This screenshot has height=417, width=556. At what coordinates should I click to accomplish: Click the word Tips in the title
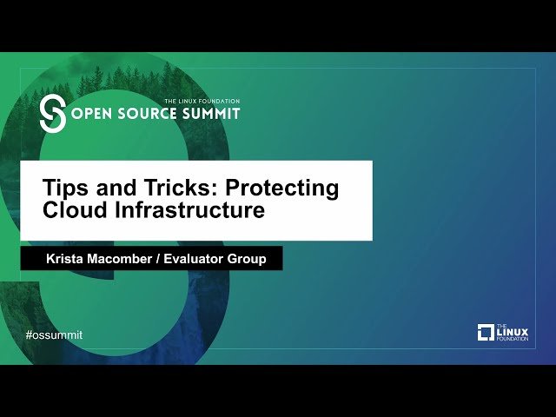[64, 189]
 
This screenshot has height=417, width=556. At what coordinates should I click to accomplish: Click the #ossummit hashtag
[54, 334]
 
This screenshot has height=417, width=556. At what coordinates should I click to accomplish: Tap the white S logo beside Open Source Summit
[53, 114]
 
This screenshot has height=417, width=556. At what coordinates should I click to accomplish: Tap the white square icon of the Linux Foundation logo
[486, 332]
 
